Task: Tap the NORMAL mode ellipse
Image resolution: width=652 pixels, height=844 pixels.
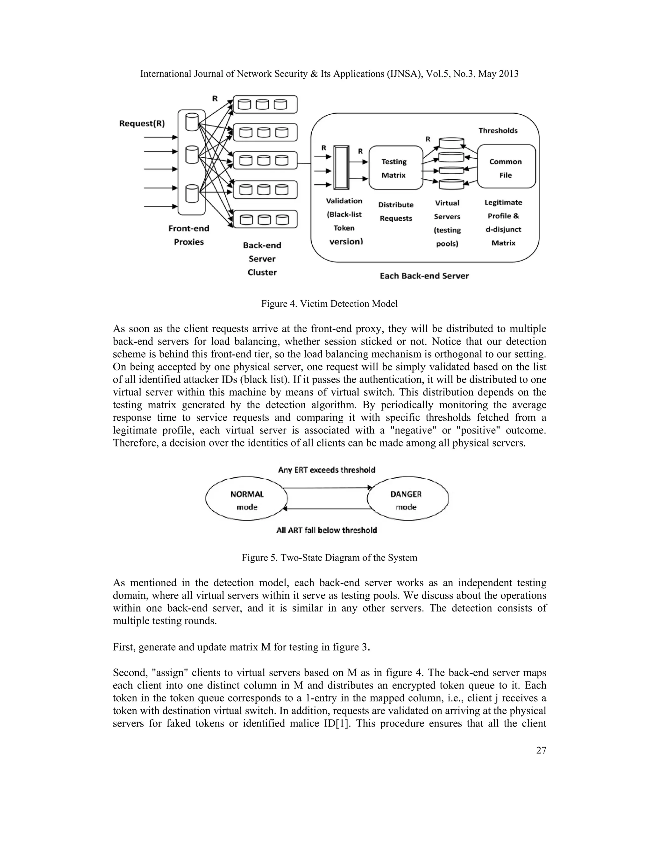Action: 247,498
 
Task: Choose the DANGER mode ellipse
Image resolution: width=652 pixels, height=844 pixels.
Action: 407,499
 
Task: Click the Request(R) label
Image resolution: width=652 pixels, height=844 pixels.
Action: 142,123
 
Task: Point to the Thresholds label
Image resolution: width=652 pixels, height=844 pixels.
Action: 498,131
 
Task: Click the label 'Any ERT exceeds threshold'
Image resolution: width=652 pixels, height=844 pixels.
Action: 326,469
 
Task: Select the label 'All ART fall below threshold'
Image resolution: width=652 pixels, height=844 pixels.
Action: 326,530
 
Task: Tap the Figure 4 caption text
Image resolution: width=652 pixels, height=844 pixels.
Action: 329,304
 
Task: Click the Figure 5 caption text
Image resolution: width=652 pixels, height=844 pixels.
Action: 329,558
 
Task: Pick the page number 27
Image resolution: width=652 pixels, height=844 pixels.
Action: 541,761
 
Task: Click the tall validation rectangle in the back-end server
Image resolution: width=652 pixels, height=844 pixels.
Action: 342,167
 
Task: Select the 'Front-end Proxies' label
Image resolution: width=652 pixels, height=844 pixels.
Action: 188,235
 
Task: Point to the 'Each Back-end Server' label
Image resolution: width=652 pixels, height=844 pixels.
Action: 424,276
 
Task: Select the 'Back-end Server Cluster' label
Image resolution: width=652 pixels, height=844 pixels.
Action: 262,259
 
